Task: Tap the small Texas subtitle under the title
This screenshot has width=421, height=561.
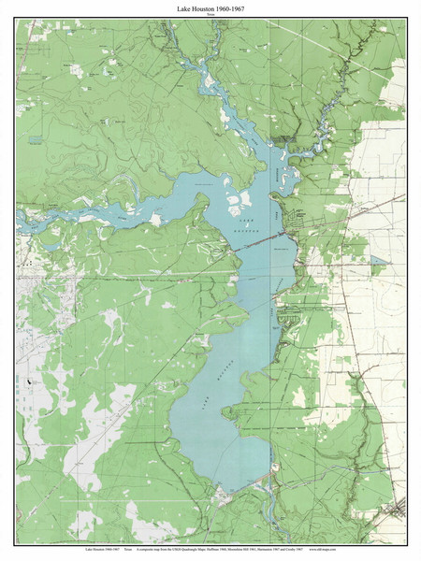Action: click(x=210, y=16)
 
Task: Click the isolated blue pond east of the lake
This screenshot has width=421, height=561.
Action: click(x=377, y=262)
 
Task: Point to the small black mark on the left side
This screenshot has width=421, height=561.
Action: click(x=30, y=381)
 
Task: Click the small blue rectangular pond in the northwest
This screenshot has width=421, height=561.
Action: click(x=36, y=139)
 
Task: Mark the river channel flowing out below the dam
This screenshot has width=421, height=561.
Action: click(x=270, y=510)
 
